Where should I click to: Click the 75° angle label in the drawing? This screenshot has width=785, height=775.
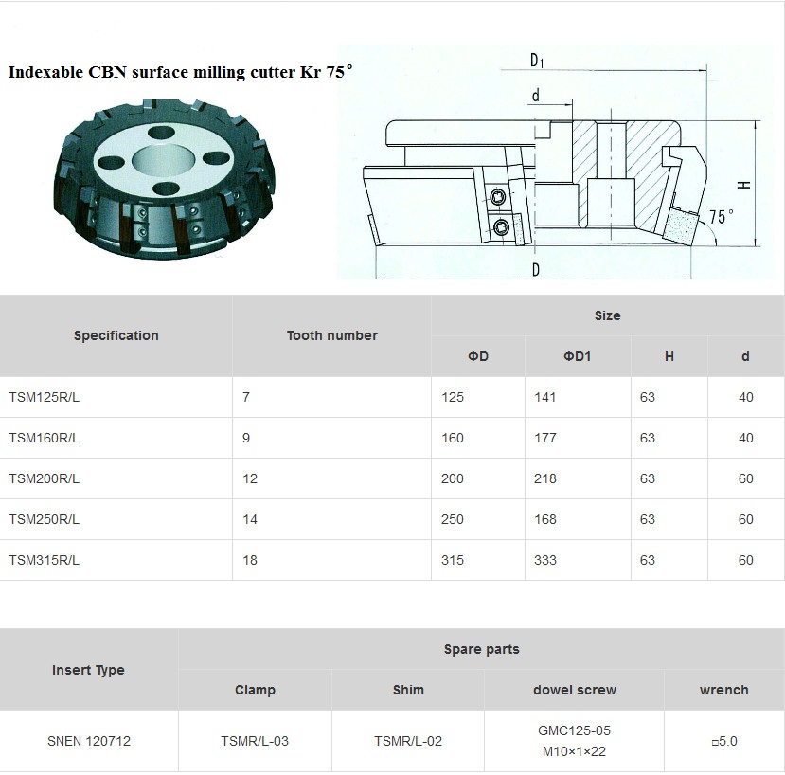(x=721, y=216)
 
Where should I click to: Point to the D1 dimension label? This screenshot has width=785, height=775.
(x=537, y=61)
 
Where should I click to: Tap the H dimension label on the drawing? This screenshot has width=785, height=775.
(x=744, y=185)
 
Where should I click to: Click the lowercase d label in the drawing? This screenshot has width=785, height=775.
(x=536, y=95)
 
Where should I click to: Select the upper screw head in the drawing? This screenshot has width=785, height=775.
(x=498, y=197)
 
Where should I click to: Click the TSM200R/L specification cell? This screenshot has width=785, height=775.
(x=45, y=478)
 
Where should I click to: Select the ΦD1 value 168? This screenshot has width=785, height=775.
(x=545, y=519)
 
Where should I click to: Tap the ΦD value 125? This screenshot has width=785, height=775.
(x=453, y=397)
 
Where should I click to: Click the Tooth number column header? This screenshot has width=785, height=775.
(x=332, y=335)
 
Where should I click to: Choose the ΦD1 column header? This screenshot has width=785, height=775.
(x=578, y=356)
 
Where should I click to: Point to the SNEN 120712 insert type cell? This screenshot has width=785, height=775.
(x=89, y=741)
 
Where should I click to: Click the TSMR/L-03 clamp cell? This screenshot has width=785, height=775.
(x=255, y=741)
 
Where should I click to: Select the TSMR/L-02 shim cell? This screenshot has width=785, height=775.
(x=408, y=741)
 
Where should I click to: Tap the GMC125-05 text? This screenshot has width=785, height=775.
(x=574, y=730)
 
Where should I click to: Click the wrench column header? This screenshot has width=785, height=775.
(x=723, y=690)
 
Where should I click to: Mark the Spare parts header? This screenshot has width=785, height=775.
(x=482, y=649)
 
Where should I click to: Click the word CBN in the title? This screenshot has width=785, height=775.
(x=108, y=72)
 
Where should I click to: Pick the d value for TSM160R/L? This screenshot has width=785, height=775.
(x=746, y=438)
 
